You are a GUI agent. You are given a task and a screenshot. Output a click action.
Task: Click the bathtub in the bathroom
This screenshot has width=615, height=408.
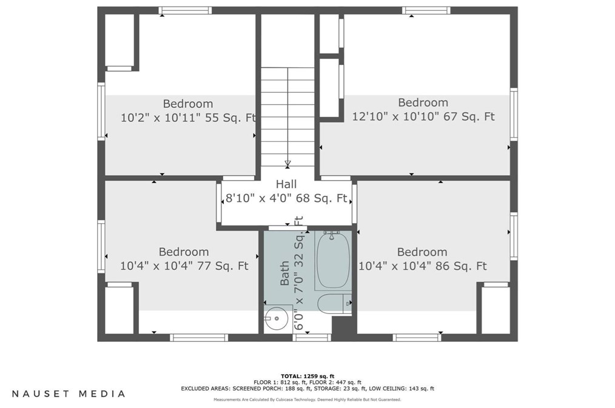333,260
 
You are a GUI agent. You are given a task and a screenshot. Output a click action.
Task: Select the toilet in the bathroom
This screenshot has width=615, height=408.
334,304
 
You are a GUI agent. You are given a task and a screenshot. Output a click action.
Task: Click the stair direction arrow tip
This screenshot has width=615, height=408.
287,166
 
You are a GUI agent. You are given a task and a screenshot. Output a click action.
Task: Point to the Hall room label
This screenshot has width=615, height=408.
286,184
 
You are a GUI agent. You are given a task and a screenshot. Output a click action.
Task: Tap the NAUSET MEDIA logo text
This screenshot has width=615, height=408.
69,393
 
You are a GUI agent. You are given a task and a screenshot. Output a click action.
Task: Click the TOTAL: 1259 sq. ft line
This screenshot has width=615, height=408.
307,376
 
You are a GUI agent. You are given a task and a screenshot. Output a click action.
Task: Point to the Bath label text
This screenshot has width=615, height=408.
284,273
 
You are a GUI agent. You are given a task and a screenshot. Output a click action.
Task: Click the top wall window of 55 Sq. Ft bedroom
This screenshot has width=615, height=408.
185,10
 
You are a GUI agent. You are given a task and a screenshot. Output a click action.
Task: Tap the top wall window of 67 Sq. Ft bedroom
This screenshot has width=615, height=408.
426,10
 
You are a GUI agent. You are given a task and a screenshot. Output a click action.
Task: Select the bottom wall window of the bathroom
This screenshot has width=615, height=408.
312,338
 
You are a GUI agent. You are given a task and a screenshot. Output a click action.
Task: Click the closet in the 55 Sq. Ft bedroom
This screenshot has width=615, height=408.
120,41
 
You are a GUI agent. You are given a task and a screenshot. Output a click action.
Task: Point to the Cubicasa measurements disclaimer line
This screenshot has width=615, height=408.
307,400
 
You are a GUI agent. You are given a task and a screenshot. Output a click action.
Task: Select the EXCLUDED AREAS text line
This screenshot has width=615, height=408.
307,389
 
